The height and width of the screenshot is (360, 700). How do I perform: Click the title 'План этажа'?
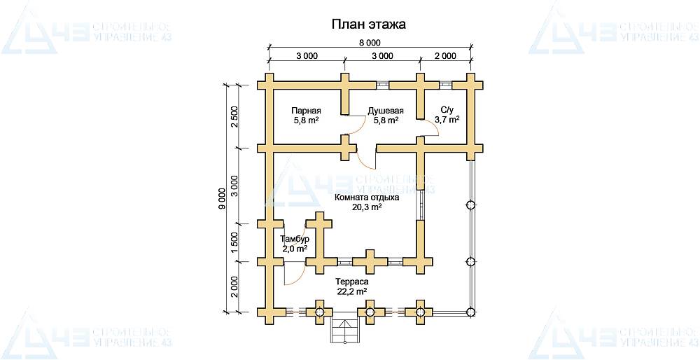click(x=368, y=25)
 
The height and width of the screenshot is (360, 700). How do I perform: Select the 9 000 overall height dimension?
click(x=222, y=198)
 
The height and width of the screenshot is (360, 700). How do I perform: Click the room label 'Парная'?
click(x=306, y=111)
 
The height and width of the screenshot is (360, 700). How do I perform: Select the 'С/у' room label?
click(x=447, y=110)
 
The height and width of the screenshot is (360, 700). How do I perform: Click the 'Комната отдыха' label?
click(x=367, y=198)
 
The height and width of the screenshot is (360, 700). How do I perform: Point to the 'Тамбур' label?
click(x=295, y=240)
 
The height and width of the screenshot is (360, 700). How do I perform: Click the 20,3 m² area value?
click(x=367, y=207)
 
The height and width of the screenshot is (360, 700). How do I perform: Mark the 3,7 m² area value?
click(x=447, y=120)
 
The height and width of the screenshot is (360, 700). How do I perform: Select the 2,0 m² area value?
click(x=295, y=249)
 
